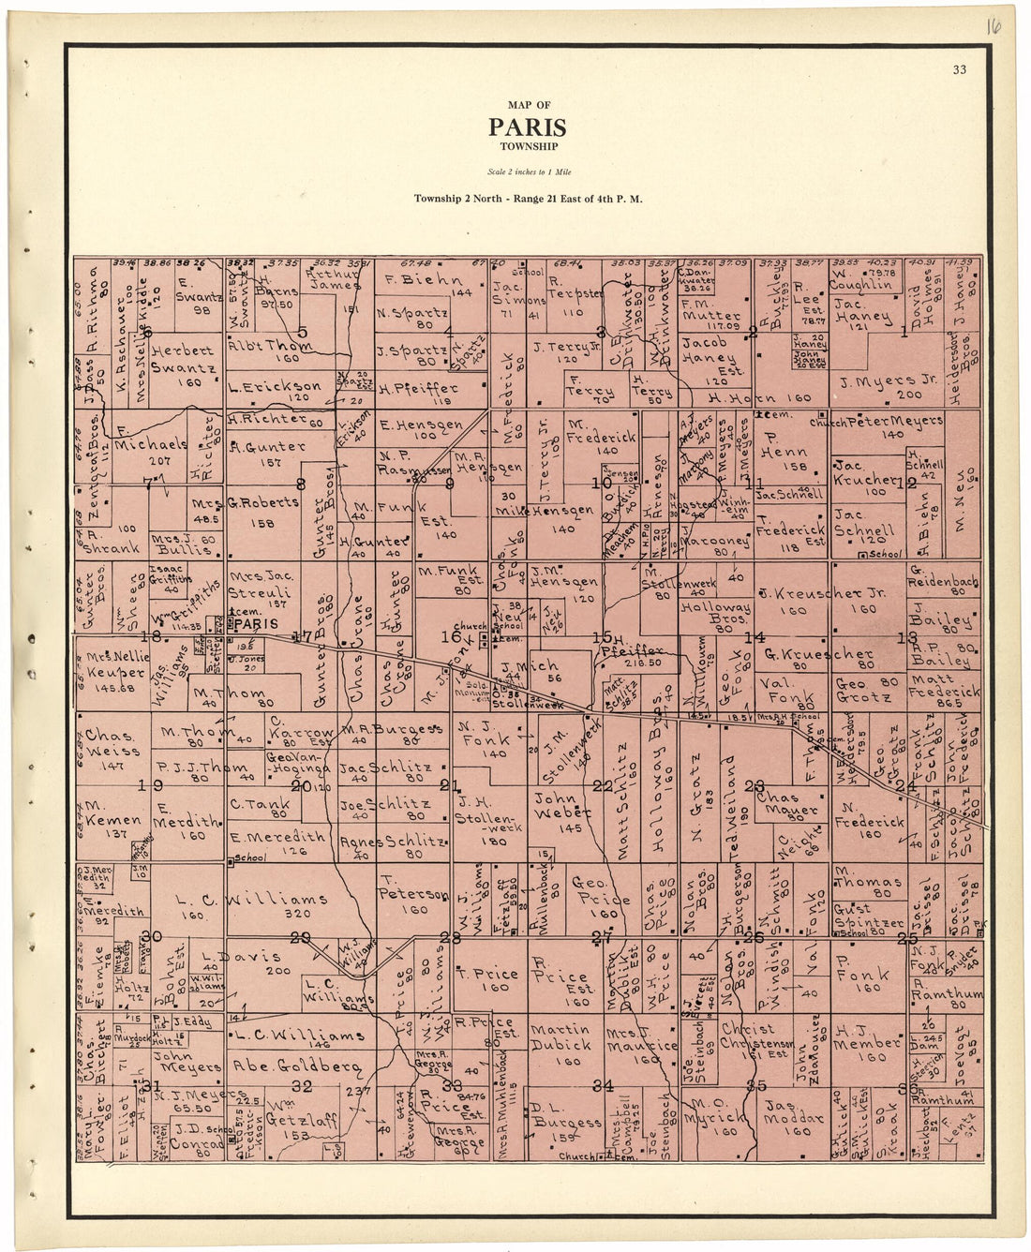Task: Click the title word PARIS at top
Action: (x=527, y=127)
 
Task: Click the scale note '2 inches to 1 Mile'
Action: (x=530, y=171)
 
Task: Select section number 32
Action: (x=301, y=1086)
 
